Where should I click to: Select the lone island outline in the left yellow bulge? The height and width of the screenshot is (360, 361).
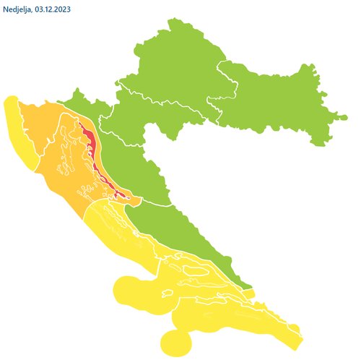tap(166, 293)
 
